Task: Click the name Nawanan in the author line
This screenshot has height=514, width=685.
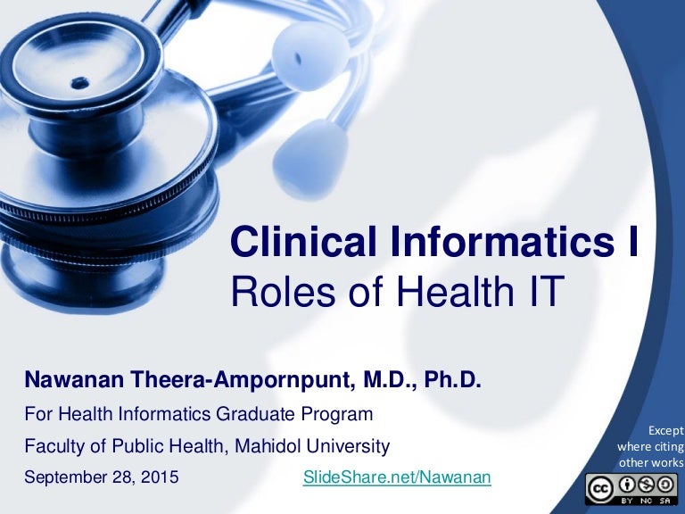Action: (x=64, y=382)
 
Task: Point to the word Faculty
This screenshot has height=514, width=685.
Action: (x=52, y=445)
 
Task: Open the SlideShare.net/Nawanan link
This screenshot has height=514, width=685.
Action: (x=397, y=477)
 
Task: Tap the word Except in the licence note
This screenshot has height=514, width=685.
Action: (x=664, y=430)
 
